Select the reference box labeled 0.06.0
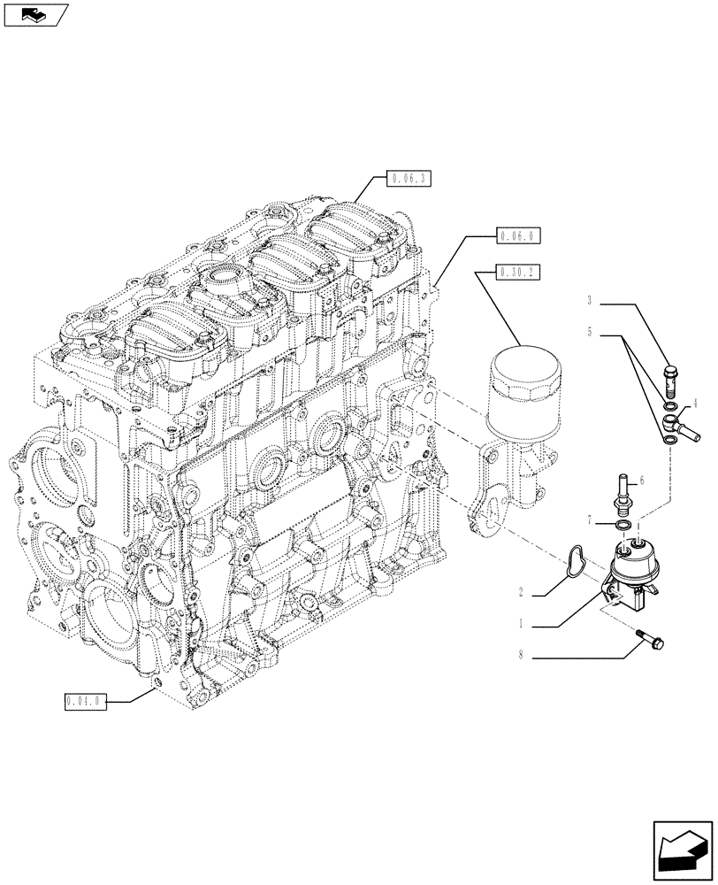518,236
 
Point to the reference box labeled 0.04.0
86,702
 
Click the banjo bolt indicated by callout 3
669,381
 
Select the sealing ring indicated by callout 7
623,527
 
